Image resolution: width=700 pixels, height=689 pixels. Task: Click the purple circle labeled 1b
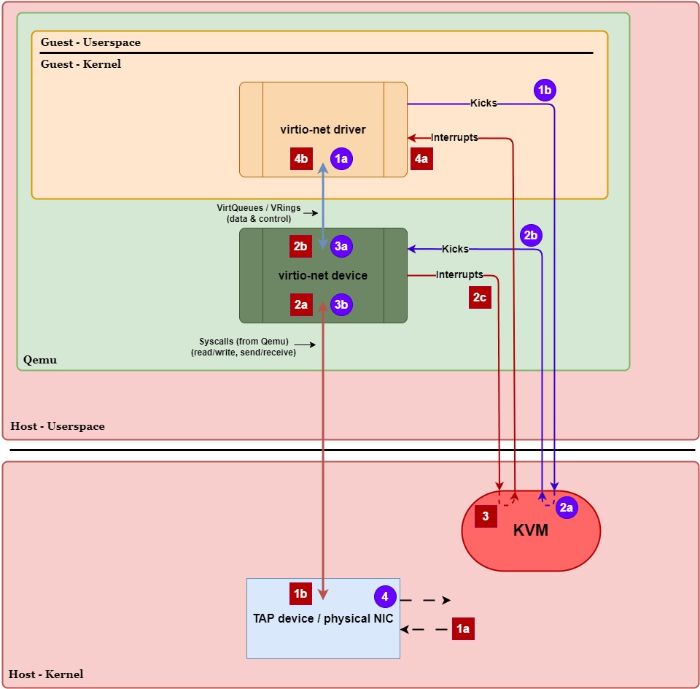(545, 90)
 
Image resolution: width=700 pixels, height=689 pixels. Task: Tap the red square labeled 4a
(421, 158)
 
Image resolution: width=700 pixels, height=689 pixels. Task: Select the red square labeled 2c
(480, 297)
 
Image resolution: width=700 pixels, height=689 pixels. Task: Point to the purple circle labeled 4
(385, 596)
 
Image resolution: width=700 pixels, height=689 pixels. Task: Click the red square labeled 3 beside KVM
(486, 516)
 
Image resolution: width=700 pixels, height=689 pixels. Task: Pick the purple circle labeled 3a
(341, 246)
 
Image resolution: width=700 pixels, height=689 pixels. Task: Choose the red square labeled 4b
(301, 158)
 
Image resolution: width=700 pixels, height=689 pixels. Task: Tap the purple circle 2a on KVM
(567, 508)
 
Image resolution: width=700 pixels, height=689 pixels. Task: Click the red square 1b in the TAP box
(300, 593)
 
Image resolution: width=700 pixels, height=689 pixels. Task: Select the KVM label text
(531, 531)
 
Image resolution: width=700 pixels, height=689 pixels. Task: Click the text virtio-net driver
(323, 130)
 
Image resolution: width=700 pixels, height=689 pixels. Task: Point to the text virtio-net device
(323, 276)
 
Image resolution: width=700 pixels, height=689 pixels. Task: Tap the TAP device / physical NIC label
(323, 619)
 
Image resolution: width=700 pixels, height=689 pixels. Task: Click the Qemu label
(40, 360)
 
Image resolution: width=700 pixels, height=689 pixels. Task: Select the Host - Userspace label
(58, 426)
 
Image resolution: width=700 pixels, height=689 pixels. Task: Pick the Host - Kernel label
(47, 674)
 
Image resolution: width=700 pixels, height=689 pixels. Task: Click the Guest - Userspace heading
(90, 42)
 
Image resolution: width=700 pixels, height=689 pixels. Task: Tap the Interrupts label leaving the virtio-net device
(459, 275)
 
